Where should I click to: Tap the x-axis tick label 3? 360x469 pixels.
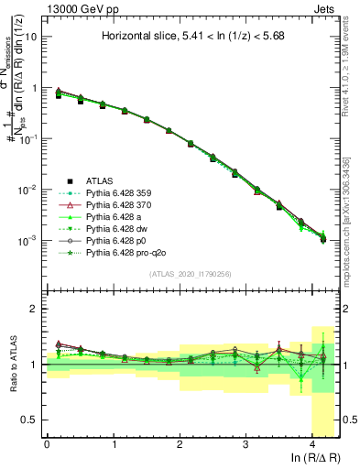(x=245, y=444)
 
